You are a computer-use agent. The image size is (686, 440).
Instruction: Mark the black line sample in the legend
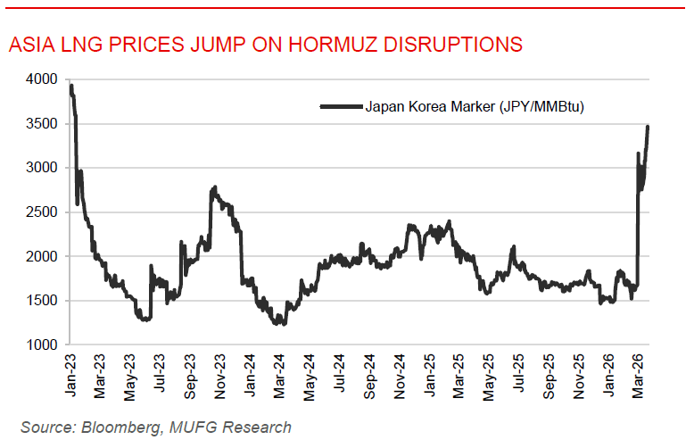[x=340, y=107]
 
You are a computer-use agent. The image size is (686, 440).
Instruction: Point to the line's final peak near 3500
[x=648, y=128]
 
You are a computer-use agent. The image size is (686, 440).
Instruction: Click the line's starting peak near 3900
[x=71, y=87]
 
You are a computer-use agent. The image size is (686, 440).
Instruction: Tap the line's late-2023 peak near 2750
[x=215, y=188]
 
